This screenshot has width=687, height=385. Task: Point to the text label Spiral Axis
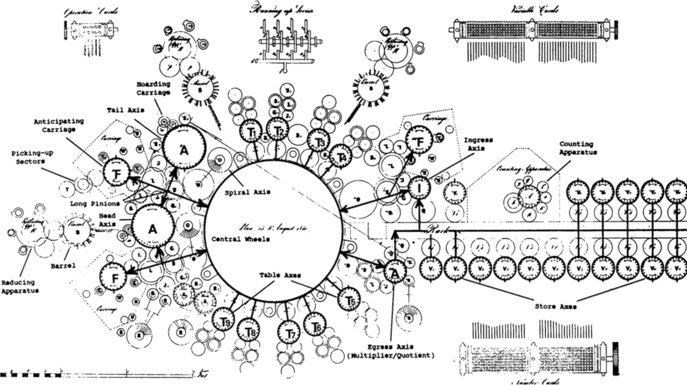coord(247,192)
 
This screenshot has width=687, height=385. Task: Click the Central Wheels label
coord(241,239)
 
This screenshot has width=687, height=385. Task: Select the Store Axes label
coord(555,307)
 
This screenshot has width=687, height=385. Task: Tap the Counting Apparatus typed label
coord(578,148)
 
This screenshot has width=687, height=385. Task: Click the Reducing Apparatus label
coord(20,287)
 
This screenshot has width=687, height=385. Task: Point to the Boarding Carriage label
coord(153,88)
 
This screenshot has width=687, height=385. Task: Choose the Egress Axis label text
coord(391,347)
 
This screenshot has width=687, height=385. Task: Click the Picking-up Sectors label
coord(32,157)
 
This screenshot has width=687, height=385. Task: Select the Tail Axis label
coord(126,110)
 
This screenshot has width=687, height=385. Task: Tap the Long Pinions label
coord(95,203)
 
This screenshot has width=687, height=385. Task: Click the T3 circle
coord(319,140)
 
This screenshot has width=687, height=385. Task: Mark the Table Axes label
coord(280,275)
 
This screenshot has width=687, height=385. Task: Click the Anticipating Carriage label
coord(59,125)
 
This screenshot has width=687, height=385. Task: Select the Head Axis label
coord(107,220)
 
